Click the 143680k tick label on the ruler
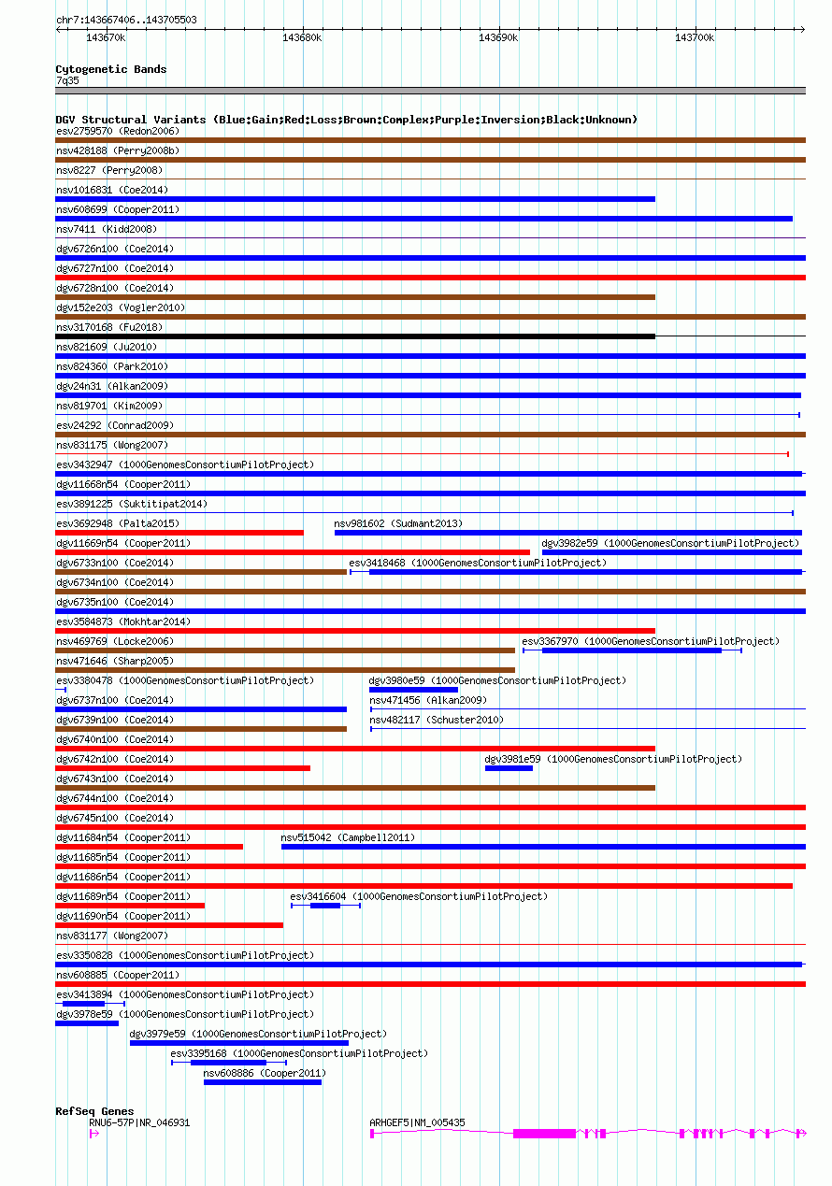click(302, 37)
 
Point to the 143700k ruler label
click(695, 37)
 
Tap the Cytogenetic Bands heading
click(111, 69)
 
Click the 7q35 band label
click(67, 80)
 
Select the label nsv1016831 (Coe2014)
click(112, 190)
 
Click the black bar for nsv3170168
click(355, 336)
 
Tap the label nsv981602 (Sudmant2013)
click(398, 523)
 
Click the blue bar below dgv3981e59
click(509, 768)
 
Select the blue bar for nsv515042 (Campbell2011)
click(542, 847)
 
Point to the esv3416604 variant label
click(318, 896)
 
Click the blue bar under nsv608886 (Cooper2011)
click(263, 1082)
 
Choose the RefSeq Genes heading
click(94, 1111)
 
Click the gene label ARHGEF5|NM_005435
click(417, 1122)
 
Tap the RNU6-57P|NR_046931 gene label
click(139, 1122)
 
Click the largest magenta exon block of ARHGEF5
click(544, 1133)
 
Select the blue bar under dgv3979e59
click(239, 1043)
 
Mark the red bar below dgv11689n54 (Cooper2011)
click(130, 906)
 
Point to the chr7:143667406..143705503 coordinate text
click(126, 20)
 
